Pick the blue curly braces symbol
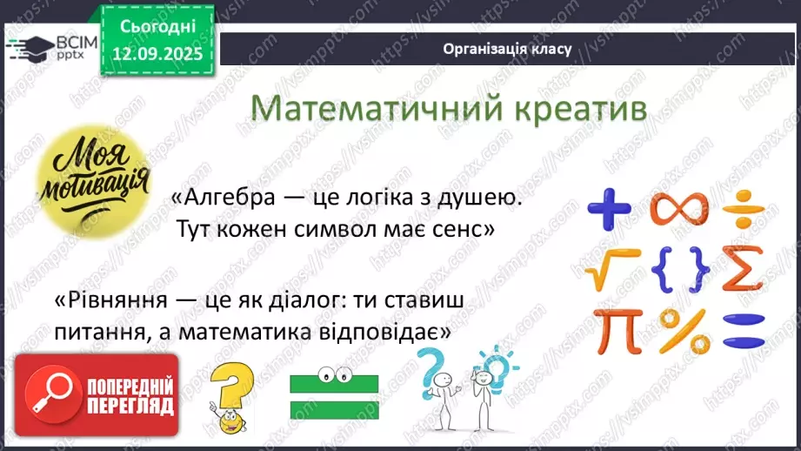(679, 270)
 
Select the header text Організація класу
(506, 49)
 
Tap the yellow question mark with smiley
(228, 400)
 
